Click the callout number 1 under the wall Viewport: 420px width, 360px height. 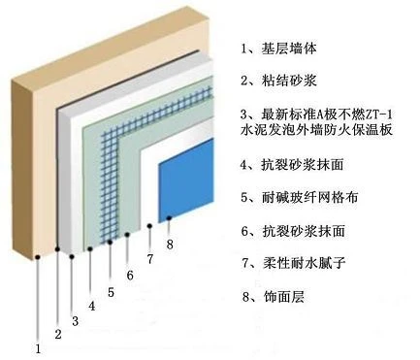(38, 348)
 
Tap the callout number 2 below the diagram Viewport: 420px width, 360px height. (58, 334)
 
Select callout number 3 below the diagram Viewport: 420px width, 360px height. (75, 321)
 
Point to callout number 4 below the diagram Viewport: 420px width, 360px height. (92, 306)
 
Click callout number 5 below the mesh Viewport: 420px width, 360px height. (111, 292)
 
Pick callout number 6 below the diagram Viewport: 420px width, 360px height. (130, 276)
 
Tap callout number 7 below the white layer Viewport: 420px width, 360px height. (149, 259)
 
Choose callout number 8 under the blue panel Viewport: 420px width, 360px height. (170, 244)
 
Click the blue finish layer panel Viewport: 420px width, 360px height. (186, 180)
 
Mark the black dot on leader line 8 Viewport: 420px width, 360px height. (169, 218)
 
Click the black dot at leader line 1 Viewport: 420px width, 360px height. (38, 257)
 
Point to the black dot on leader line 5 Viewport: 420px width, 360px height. (111, 242)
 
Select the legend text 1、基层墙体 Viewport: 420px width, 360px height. (278, 49)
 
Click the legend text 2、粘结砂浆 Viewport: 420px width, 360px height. (278, 81)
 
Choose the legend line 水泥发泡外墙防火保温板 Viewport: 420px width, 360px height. (316, 130)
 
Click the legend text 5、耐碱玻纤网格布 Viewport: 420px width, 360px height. (299, 197)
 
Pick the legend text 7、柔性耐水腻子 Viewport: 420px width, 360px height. (293, 263)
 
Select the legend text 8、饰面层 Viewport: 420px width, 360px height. (274, 296)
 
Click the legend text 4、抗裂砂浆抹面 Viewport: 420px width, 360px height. (292, 165)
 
